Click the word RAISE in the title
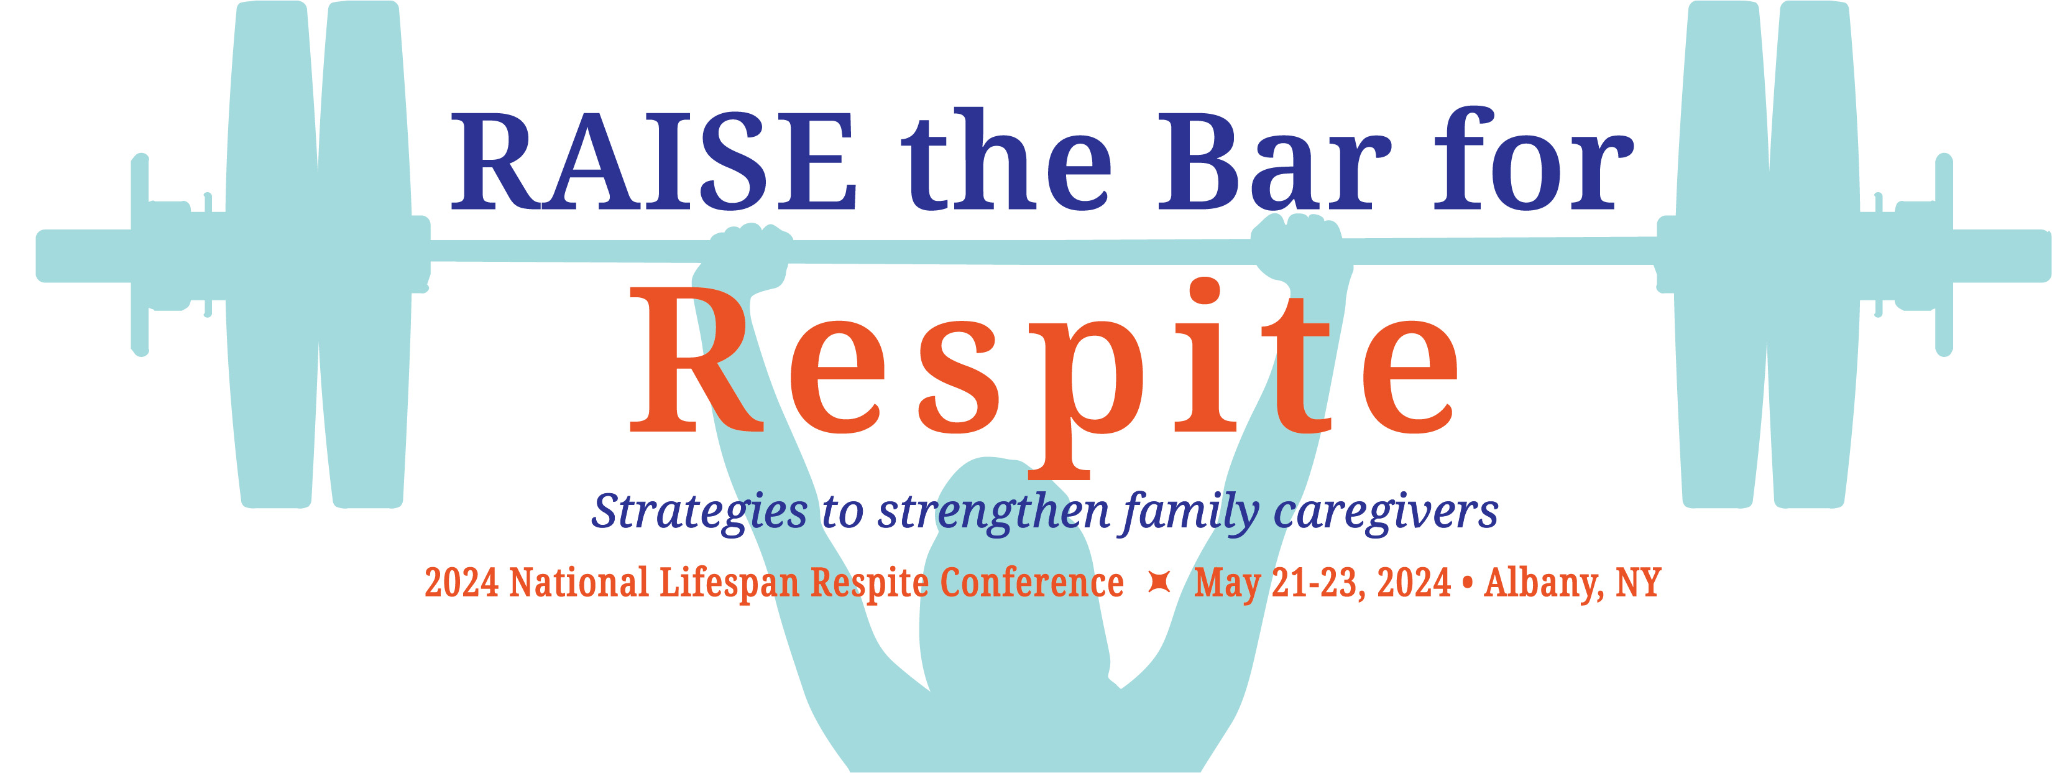coord(653,162)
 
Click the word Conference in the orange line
coord(1031,583)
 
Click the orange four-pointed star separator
coord(1159,583)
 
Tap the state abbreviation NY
coord(1638,583)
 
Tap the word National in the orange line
coord(579,583)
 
